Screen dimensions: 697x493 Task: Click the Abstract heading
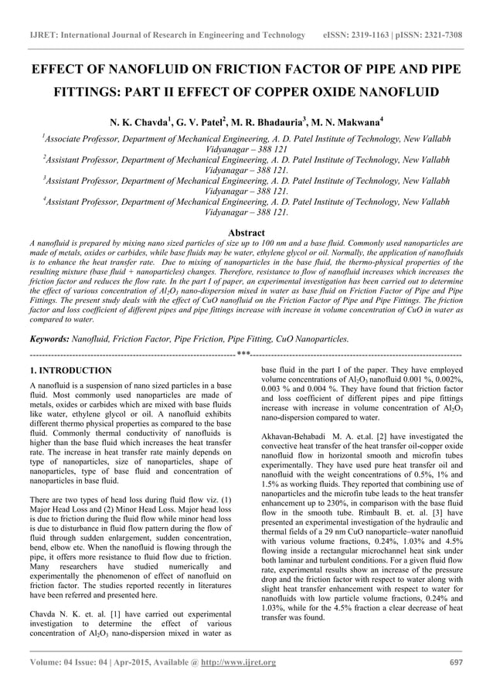[x=246, y=233]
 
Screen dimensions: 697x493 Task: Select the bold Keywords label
[x=48, y=338]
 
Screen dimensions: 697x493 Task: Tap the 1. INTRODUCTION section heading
[x=70, y=371]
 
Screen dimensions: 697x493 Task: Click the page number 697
[x=455, y=662]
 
